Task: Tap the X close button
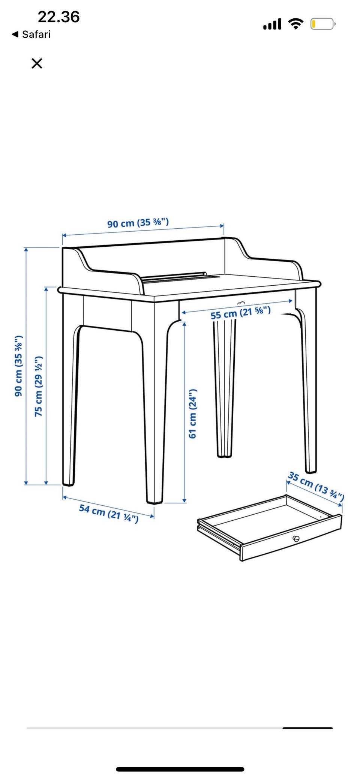pos(37,63)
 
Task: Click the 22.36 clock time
pos(59,17)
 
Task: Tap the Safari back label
pos(31,34)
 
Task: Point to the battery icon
pos(323,24)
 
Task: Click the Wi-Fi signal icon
pos(296,24)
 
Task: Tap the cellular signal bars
pos(272,24)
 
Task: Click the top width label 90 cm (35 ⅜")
pos(138,223)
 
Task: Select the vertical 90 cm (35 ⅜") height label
pos(18,366)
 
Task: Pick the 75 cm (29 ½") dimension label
pos(38,386)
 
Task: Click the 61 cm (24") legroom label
pos(192,413)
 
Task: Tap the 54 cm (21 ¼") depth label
pos(109,513)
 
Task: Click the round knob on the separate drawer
pos(296,539)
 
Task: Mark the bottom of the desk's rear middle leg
pos(225,455)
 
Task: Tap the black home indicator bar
pos(180,769)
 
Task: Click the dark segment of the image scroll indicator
pos(307,728)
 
